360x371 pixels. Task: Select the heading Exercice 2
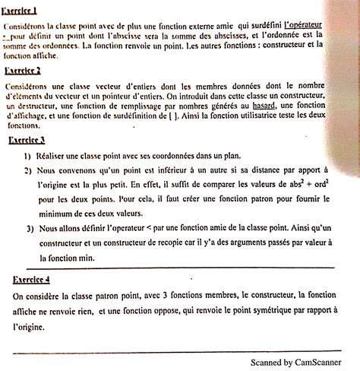[x=23, y=71]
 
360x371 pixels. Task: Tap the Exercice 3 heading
[x=27, y=141]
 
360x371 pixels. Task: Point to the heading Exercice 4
[x=31, y=279]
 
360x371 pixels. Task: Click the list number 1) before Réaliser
[x=27, y=155]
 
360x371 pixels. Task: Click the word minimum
[x=60, y=214]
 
